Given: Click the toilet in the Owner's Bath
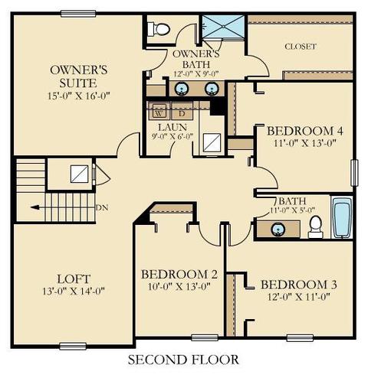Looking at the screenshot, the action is tap(159, 29).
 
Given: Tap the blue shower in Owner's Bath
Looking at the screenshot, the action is tap(223, 27).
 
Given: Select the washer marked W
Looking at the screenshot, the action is tap(159, 111).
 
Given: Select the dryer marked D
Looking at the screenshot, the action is tap(182, 111).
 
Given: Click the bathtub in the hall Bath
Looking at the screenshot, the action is tap(342, 218).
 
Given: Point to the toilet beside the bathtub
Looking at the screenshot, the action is tap(316, 227).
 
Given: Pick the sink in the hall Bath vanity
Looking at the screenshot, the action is tap(278, 229).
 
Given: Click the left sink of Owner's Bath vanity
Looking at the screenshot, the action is tap(182, 88).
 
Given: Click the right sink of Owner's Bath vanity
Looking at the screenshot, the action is tap(212, 88).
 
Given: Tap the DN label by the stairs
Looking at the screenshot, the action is tap(102, 207).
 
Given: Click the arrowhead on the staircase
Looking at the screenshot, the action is tap(34, 207).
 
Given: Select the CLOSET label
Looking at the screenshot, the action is tap(301, 47).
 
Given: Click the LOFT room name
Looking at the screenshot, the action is tap(74, 279).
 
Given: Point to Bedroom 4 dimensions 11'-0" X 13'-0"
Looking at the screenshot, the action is tap(304, 143).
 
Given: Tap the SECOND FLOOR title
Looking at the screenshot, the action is tap(183, 360).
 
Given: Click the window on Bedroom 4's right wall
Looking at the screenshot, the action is tap(354, 173).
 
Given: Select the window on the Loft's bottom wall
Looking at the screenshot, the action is tap(73, 346).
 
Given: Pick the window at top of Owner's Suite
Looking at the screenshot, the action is tap(78, 14).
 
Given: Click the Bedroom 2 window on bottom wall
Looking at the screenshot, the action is tap(205, 338).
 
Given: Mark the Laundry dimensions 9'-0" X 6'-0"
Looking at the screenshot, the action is tap(172, 136).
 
